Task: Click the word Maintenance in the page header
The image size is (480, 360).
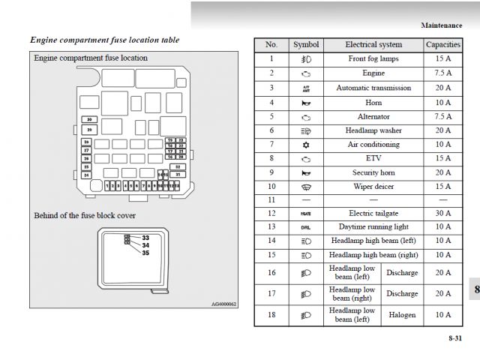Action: tap(441, 25)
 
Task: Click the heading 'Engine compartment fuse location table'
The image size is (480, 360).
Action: tap(104, 40)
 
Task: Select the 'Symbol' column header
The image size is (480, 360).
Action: tap(306, 45)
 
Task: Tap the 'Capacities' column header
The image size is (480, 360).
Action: tap(442, 45)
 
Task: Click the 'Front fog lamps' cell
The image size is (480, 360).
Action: tap(373, 59)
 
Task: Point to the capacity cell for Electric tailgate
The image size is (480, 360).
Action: tap(442, 213)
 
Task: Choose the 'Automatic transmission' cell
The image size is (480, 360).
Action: tap(373, 88)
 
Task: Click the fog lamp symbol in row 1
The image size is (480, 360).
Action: tap(306, 59)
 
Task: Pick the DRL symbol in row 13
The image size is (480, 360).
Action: tap(306, 227)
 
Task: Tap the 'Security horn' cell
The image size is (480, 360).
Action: tap(373, 172)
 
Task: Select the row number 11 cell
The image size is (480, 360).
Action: tap(271, 200)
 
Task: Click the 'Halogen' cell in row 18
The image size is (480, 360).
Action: tap(402, 315)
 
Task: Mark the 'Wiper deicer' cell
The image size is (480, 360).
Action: tap(373, 186)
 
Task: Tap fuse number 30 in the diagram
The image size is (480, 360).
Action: tap(88, 119)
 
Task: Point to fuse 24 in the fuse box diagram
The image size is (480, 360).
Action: tap(87, 175)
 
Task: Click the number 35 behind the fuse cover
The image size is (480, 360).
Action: tap(145, 253)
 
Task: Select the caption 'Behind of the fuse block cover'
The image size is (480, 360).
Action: tap(85, 216)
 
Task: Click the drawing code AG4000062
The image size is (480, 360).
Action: tap(223, 304)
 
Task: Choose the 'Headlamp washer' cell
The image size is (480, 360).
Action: tap(373, 130)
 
